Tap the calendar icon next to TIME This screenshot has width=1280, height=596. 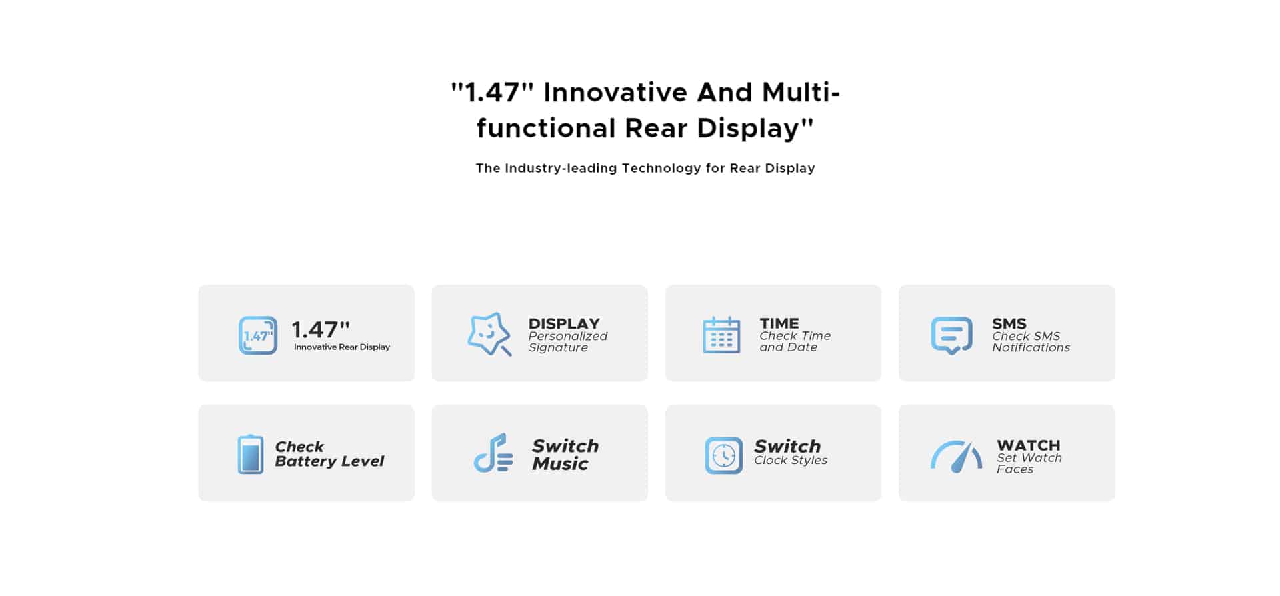pyautogui.click(x=721, y=335)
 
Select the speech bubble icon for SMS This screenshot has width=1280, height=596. pyautogui.click(x=951, y=335)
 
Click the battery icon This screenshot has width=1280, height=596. pyautogui.click(x=251, y=454)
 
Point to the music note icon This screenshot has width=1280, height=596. pyautogui.click(x=493, y=453)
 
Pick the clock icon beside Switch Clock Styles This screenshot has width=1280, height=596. pyautogui.click(x=723, y=455)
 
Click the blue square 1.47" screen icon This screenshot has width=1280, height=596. pyautogui.click(x=258, y=335)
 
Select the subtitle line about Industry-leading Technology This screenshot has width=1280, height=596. pyautogui.click(x=645, y=168)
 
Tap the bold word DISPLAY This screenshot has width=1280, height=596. pyautogui.click(x=564, y=323)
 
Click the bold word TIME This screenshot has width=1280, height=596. pyautogui.click(x=779, y=323)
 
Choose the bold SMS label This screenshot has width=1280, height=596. pyautogui.click(x=1009, y=323)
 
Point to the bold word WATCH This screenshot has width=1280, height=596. pyautogui.click(x=1029, y=445)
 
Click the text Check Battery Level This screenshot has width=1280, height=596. pyautogui.click(x=329, y=454)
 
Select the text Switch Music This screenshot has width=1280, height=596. pyautogui.click(x=565, y=455)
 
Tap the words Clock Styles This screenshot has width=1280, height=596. pyautogui.click(x=791, y=461)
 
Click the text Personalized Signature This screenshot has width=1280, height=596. pyautogui.click(x=568, y=342)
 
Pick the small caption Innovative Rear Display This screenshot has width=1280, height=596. pyautogui.click(x=342, y=347)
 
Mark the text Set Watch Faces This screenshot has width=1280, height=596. pyautogui.click(x=1029, y=463)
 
